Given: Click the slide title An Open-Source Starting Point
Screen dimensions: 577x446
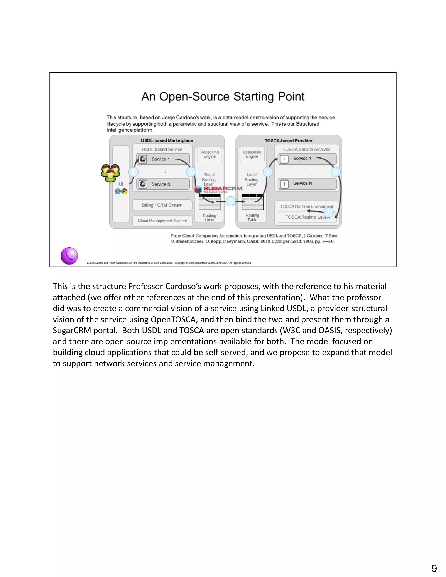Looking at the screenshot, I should tap(223, 97).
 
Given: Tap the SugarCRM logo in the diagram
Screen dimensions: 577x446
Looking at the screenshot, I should tap(219, 189).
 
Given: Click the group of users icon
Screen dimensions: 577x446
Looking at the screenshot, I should tap(110, 173).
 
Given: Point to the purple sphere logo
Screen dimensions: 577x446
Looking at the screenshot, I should tap(69, 256).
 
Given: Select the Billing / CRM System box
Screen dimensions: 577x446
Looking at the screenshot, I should tap(162, 205).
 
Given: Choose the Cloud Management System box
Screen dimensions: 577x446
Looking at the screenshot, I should tap(162, 221).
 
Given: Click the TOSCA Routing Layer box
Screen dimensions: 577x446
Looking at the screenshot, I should tap(306, 217).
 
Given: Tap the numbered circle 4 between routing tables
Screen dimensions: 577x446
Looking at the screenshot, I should tap(231, 201).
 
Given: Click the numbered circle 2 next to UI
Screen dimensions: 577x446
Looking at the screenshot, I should tap(134, 172).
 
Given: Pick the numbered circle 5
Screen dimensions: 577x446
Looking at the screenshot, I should tap(268, 172).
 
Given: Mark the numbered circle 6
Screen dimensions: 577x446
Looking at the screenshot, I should tap(335, 172).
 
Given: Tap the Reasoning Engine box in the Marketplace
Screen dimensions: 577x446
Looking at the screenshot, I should tap(209, 154).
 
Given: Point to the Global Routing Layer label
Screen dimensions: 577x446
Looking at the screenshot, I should tap(209, 179).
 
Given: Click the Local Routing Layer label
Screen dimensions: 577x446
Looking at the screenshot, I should tap(252, 179).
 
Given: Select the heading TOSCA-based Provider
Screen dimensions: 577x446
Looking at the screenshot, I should tap(289, 141).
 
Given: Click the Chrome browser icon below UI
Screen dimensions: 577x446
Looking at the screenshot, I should tap(124, 191).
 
